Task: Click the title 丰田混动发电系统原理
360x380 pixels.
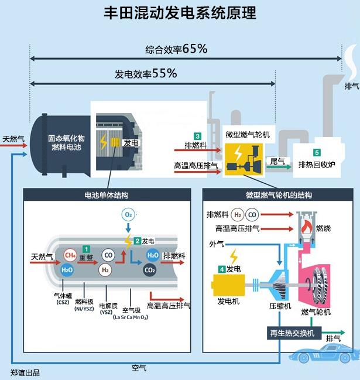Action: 179,13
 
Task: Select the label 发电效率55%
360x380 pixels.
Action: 146,74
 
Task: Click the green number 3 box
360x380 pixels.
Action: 198,136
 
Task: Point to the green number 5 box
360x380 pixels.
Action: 317,153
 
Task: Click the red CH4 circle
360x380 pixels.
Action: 70,255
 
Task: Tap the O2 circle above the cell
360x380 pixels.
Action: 128,214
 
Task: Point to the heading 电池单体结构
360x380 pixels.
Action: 106,194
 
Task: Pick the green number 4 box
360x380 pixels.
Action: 221,269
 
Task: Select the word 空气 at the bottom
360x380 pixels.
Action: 139,368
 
